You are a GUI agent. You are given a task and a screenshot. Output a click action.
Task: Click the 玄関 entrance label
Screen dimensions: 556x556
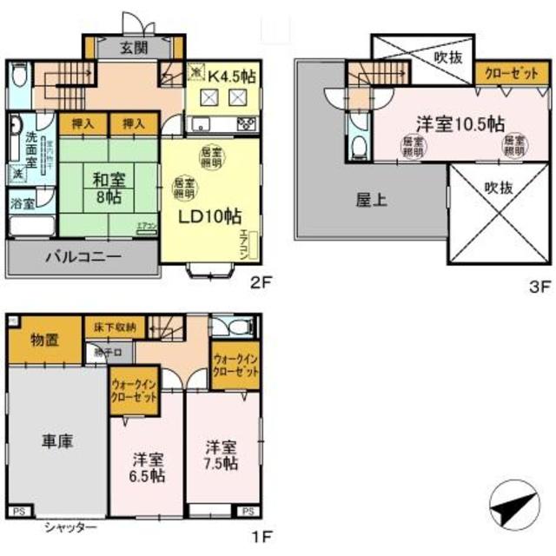(133, 47)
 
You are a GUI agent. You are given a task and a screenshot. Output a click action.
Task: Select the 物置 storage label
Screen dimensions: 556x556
(44, 340)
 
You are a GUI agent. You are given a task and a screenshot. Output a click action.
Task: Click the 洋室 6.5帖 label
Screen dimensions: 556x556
(146, 466)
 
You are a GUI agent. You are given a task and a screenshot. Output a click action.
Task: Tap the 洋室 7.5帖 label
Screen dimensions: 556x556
(221, 455)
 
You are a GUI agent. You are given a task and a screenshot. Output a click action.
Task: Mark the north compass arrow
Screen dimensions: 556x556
(513, 501)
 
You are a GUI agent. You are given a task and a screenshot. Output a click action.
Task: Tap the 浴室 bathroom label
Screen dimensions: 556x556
(23, 205)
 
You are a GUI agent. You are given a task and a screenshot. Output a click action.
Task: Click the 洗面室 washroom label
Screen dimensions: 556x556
(30, 142)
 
